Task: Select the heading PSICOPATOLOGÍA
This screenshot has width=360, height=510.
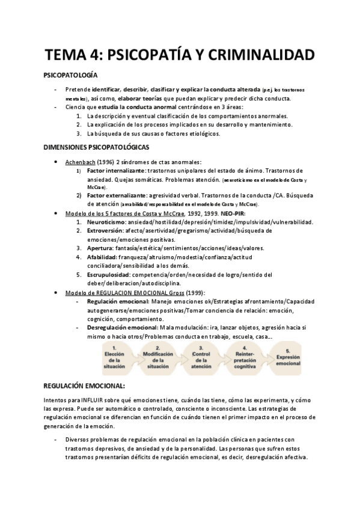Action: (x=76, y=76)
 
